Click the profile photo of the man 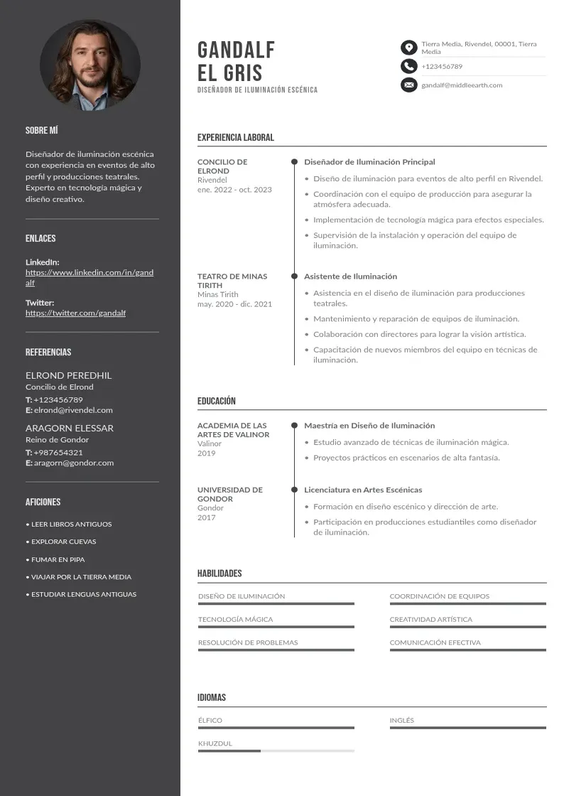pos(90,65)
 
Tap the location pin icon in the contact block pos(408,48)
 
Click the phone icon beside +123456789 pos(408,66)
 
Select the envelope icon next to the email pos(408,85)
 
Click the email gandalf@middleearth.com pos(462,85)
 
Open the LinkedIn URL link pos(90,277)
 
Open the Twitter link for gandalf pos(75,313)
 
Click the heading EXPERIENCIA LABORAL pos(235,138)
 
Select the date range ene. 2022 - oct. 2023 pos(234,190)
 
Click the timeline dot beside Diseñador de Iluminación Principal pos(294,162)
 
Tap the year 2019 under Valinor pos(206,453)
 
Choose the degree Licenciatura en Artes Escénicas pos(363,490)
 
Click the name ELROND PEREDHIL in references pos(68,375)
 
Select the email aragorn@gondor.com pos(74,463)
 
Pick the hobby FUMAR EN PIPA pos(58,559)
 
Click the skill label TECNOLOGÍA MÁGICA pos(235,620)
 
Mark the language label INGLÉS pos(401,721)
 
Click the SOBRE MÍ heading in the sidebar pos(41,131)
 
